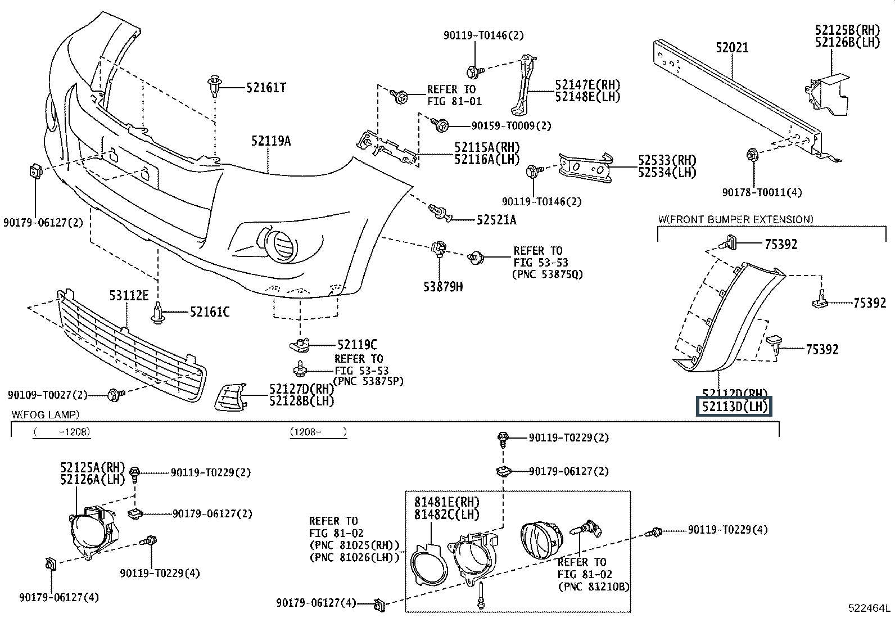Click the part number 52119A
point(271,141)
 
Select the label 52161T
point(266,87)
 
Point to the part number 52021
point(732,47)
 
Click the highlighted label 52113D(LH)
point(735,407)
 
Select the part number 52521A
point(496,220)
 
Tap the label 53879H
point(443,287)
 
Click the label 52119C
point(357,344)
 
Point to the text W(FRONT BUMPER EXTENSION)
point(736,219)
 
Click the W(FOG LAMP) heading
point(46,414)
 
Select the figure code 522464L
point(870,608)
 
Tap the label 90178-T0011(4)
point(762,192)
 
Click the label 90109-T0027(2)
point(48,395)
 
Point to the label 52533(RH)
point(667,160)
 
